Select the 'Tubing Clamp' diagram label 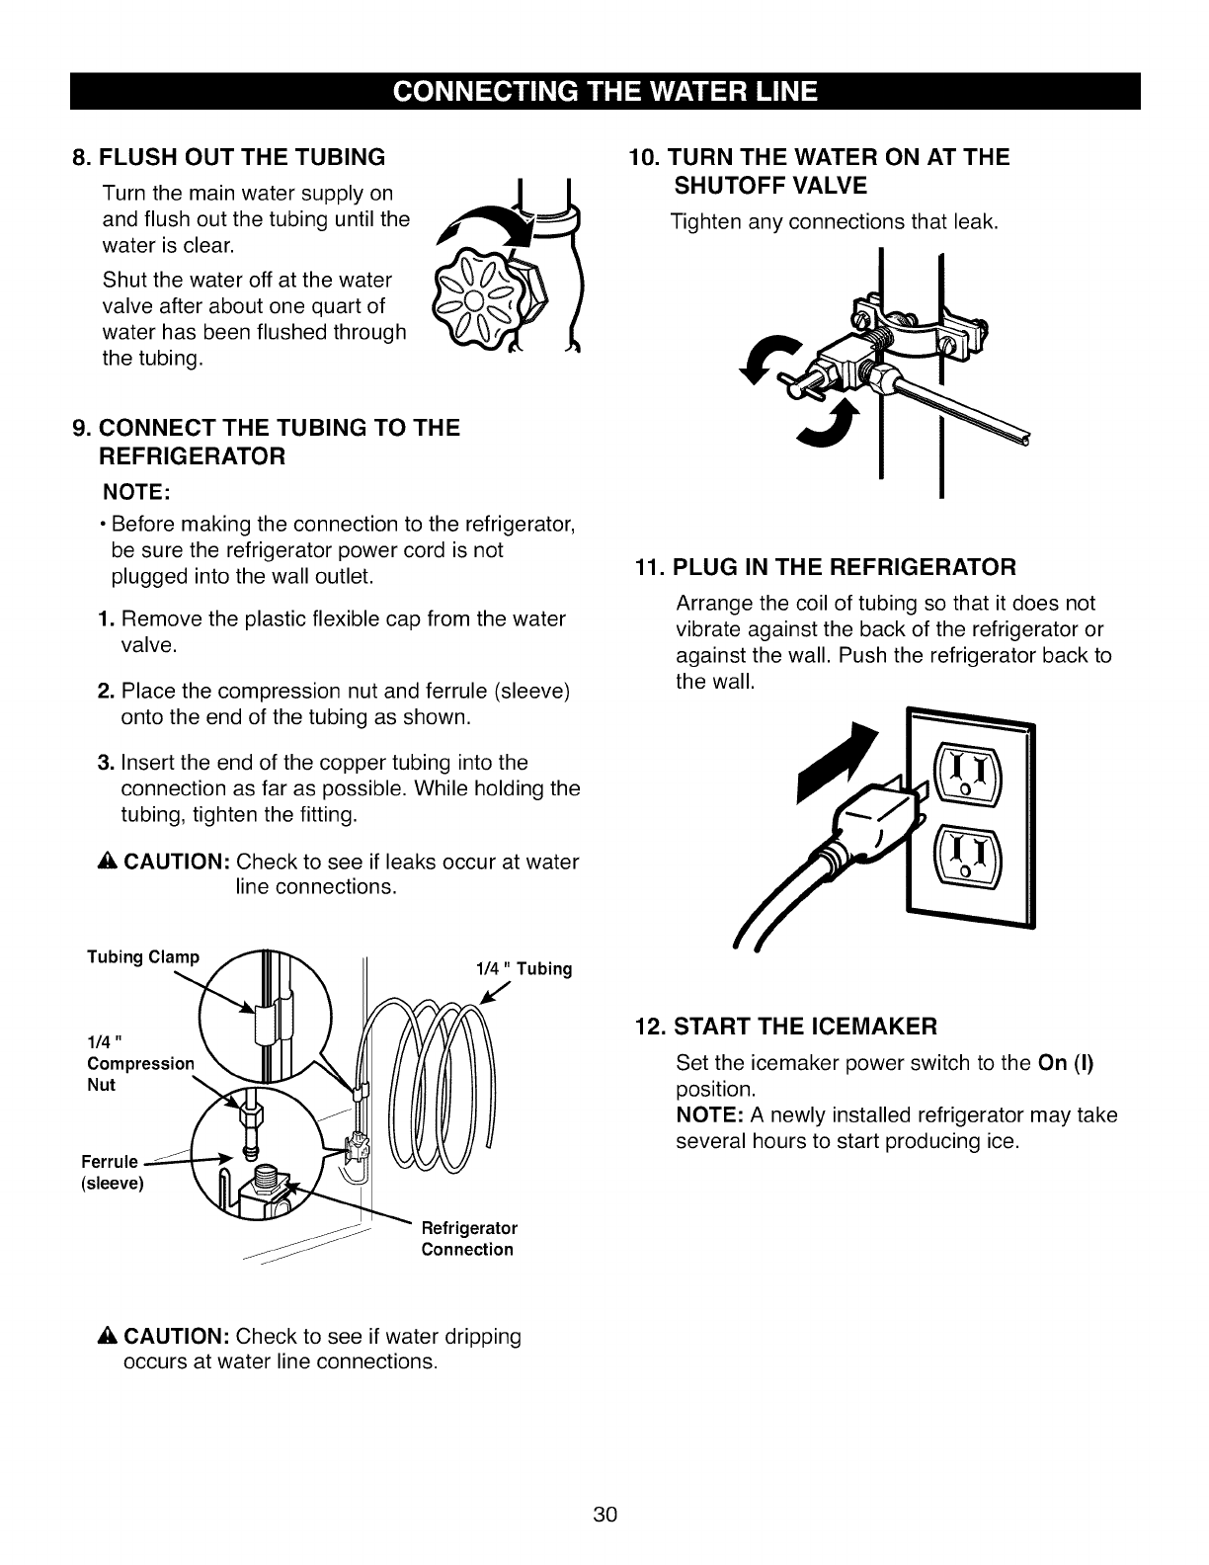[143, 957]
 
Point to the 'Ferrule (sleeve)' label [117, 1172]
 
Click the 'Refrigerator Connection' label [469, 1239]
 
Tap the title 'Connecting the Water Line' [604, 92]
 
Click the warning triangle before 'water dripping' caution [107, 1338]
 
